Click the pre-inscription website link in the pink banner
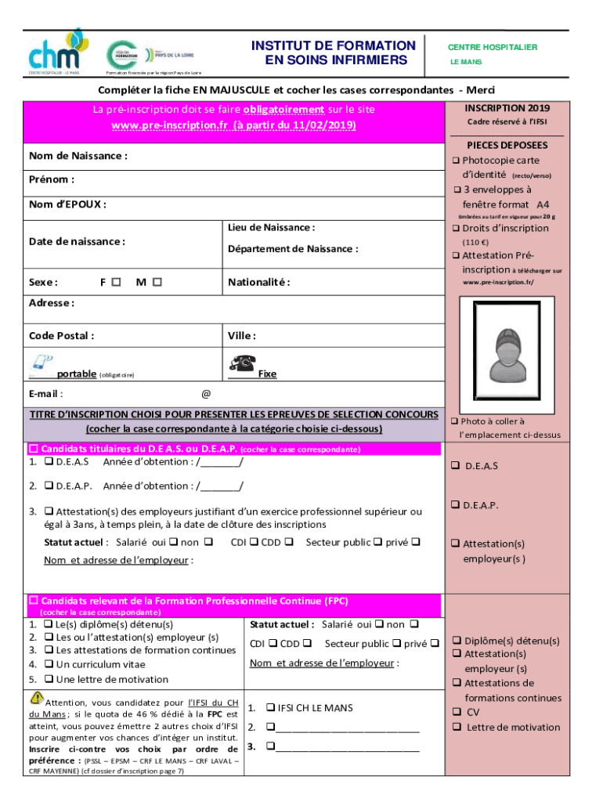click(x=233, y=125)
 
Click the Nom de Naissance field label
click(x=78, y=156)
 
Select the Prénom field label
click(x=52, y=179)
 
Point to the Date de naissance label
click(x=77, y=241)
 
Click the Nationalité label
click(x=258, y=282)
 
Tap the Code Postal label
click(x=62, y=336)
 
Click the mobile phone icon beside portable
click(x=40, y=363)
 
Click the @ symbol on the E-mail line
click(x=206, y=394)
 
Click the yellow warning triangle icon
click(x=37, y=699)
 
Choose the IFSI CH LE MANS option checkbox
click(x=269, y=708)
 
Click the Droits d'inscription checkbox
click(x=456, y=229)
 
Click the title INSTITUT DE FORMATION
click(x=334, y=46)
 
